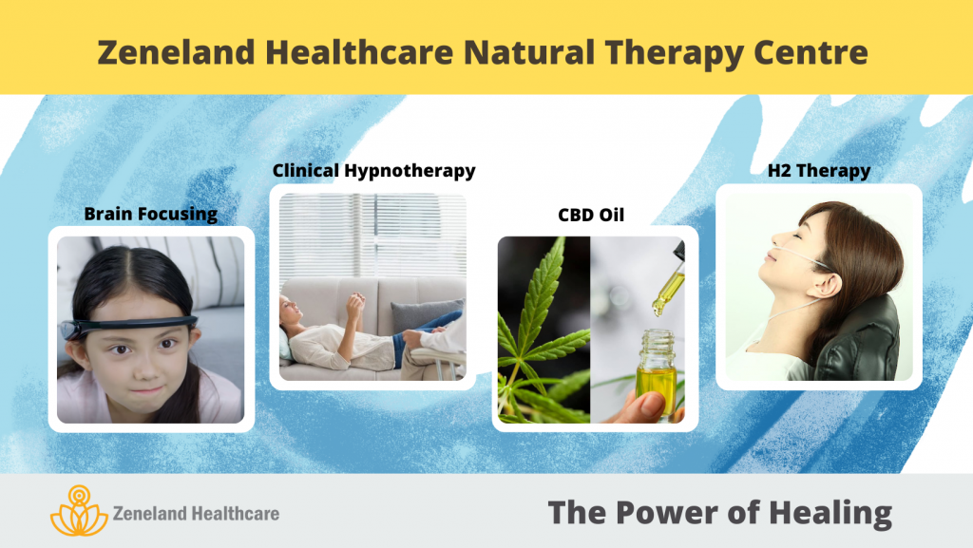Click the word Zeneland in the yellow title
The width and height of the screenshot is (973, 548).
click(x=176, y=52)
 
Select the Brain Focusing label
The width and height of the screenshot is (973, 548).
click(x=151, y=214)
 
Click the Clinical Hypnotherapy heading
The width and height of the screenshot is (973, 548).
click(x=374, y=171)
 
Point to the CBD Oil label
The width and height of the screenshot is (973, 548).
click(x=591, y=215)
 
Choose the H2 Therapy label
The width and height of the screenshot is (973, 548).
click(x=819, y=170)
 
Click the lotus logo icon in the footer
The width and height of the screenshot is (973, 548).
click(x=79, y=511)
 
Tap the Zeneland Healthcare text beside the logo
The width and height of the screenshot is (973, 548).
click(x=196, y=513)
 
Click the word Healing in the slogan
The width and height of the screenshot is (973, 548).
click(x=830, y=513)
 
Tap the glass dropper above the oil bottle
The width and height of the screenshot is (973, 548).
click(x=669, y=279)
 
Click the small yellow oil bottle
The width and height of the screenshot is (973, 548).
click(x=657, y=372)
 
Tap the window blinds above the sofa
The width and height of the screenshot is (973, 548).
click(x=372, y=235)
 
